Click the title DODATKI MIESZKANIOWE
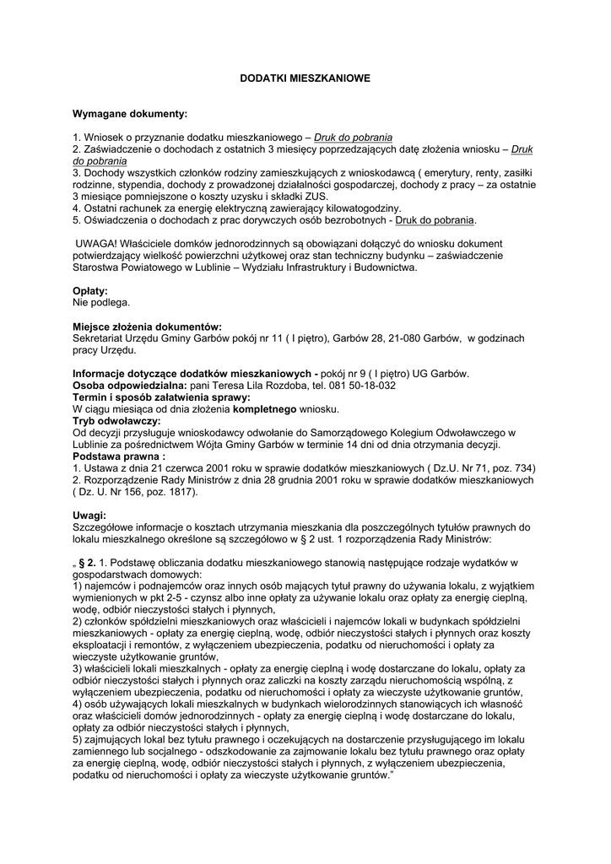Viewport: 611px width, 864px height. tap(305, 77)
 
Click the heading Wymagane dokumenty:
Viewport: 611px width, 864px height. tap(130, 112)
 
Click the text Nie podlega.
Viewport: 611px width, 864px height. tap(101, 302)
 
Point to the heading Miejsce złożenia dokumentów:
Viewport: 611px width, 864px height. tap(147, 327)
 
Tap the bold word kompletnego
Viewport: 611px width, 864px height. tap(263, 409)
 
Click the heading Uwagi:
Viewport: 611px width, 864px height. tap(89, 515)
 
